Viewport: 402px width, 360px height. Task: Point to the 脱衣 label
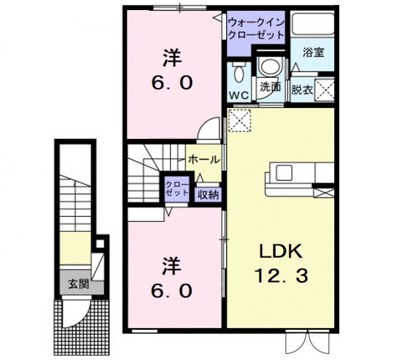[x=301, y=90]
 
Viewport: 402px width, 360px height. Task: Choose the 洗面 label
[x=270, y=87]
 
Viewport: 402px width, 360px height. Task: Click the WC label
[x=239, y=95]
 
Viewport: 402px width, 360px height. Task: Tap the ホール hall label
[x=204, y=160]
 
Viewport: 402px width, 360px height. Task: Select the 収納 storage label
[x=208, y=195]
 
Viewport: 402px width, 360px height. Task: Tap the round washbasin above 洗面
[x=271, y=67]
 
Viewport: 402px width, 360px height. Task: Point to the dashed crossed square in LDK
[x=239, y=119]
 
